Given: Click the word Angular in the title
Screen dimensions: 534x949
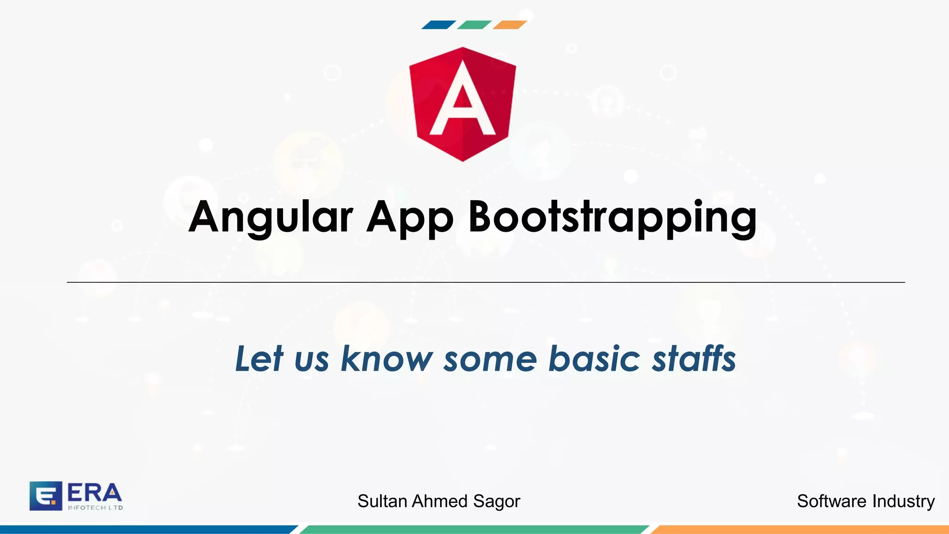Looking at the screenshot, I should pyautogui.click(x=271, y=217).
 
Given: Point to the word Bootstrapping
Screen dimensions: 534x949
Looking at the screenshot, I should pyautogui.click(x=612, y=217).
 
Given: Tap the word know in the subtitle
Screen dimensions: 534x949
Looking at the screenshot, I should pyautogui.click(x=387, y=359).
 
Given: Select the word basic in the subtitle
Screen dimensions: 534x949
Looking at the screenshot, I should pyautogui.click(x=594, y=359).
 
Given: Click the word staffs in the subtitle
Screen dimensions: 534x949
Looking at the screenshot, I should pyautogui.click(x=694, y=359).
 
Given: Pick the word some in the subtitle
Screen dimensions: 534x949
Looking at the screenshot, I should pyautogui.click(x=490, y=359).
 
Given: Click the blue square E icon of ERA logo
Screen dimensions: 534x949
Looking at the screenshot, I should pyautogui.click(x=45, y=496).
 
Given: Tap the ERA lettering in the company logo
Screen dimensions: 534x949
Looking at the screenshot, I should pyautogui.click(x=95, y=493).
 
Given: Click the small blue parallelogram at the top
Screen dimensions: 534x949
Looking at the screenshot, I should pyautogui.click(x=438, y=25).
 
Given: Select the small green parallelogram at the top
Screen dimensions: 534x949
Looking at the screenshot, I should pyautogui.click(x=474, y=25).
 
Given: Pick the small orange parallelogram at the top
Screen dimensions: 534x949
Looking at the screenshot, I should pyautogui.click(x=510, y=25).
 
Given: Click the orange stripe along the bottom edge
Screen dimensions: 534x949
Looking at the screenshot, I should pyautogui.click(x=799, y=529).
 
